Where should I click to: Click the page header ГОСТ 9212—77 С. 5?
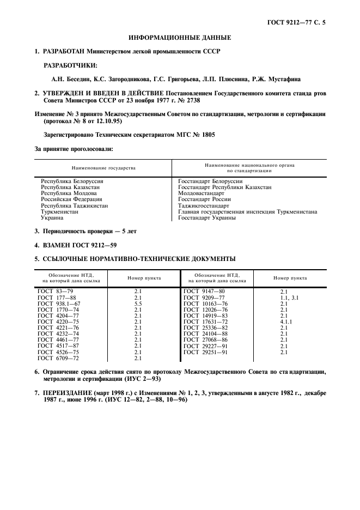coord(299,22)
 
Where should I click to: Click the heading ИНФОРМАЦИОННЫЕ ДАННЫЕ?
coord(180,38)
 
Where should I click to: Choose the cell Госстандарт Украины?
coord(207,217)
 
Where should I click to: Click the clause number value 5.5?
coord(138,303)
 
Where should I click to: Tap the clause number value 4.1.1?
coord(286,321)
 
